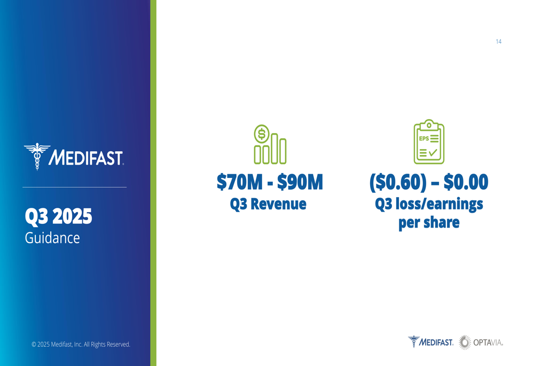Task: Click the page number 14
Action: point(499,42)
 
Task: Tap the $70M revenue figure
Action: point(240,182)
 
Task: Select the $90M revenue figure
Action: point(300,182)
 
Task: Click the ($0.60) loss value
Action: point(398,182)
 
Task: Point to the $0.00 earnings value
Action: point(466,182)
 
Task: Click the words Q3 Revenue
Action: point(268,204)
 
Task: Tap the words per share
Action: point(429,223)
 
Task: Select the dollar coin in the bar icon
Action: point(262,134)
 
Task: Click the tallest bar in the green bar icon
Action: point(274,149)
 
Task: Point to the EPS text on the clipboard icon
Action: point(423,138)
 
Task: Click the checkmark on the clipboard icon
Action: point(433,152)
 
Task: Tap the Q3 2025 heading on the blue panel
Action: point(58,216)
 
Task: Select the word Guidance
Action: point(52,238)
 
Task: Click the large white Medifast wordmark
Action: point(86,158)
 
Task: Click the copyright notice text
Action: point(81,344)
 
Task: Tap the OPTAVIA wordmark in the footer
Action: point(488,342)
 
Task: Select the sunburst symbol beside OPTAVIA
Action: point(465,342)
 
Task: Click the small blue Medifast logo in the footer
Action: point(430,342)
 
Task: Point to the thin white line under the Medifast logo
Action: point(75,187)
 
